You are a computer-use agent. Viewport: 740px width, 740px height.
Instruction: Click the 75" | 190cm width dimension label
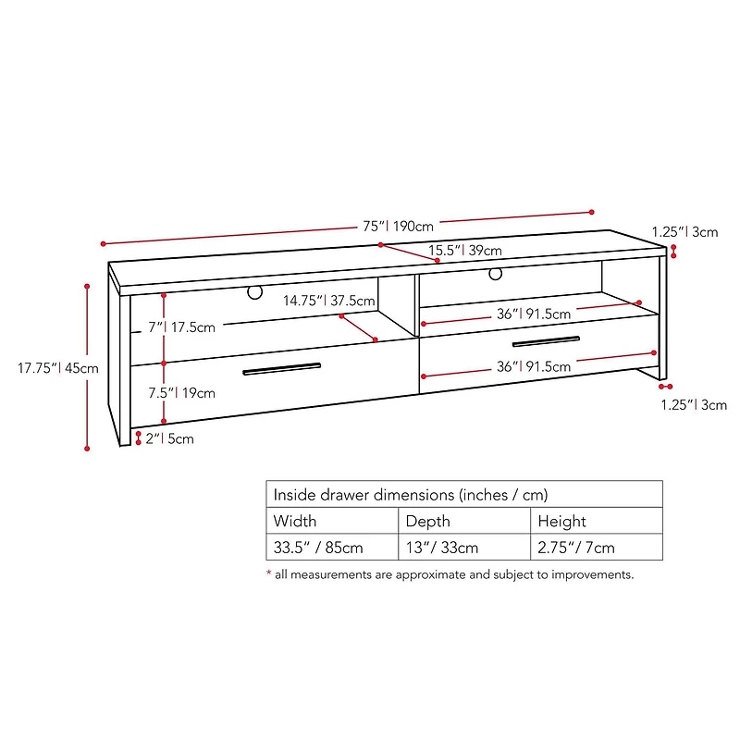pyautogui.click(x=398, y=226)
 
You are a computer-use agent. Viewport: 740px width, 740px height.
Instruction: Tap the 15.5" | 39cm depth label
pyautogui.click(x=465, y=250)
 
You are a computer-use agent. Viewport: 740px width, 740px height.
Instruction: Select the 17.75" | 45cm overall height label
pyautogui.click(x=58, y=367)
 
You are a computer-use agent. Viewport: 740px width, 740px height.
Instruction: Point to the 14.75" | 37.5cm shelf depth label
pyautogui.click(x=329, y=301)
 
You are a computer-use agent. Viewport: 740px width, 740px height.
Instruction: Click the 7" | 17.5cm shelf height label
pyautogui.click(x=181, y=327)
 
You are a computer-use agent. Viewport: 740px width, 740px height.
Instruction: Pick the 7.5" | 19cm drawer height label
pyautogui.click(x=181, y=392)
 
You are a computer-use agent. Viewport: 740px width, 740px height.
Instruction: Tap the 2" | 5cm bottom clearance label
pyautogui.click(x=170, y=438)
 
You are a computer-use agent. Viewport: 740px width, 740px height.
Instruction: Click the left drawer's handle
pyautogui.click(x=282, y=368)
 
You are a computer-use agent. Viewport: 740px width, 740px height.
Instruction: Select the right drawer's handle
pyautogui.click(x=546, y=341)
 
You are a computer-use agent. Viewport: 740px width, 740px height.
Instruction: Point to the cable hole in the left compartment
pyautogui.click(x=255, y=292)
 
